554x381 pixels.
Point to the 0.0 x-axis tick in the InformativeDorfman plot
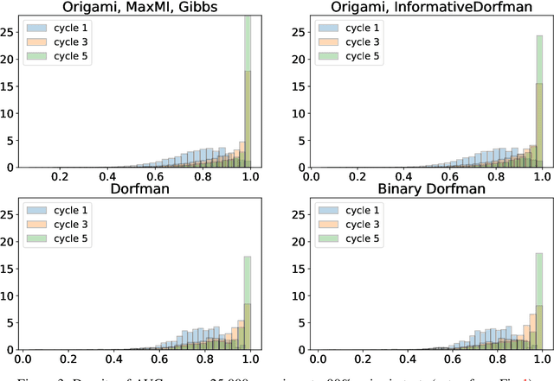pos(316,175)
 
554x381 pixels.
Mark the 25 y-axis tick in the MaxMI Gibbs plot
pos(9,32)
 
